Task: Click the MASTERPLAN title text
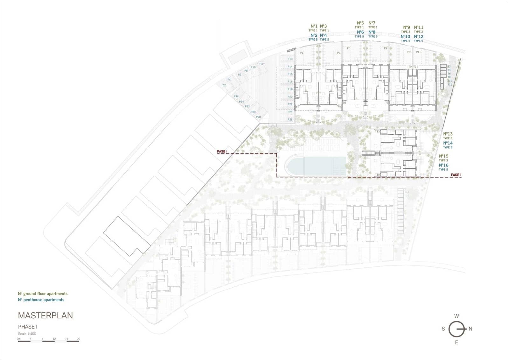click(45, 315)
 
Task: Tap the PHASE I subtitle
click(28, 327)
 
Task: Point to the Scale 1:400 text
click(27, 334)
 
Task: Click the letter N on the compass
click(471, 329)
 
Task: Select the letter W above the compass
click(457, 316)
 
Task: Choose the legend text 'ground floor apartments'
click(45, 294)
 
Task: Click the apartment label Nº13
click(448, 134)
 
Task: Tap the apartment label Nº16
click(443, 165)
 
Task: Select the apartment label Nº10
click(405, 37)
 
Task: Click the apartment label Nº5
click(360, 23)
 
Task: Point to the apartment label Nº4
click(323, 35)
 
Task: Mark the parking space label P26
click(290, 120)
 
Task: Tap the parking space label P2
click(224, 85)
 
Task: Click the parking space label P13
click(290, 59)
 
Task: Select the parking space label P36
click(236, 96)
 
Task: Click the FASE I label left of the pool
click(222, 152)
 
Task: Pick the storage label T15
click(377, 175)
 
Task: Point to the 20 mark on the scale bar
click(78, 339)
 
